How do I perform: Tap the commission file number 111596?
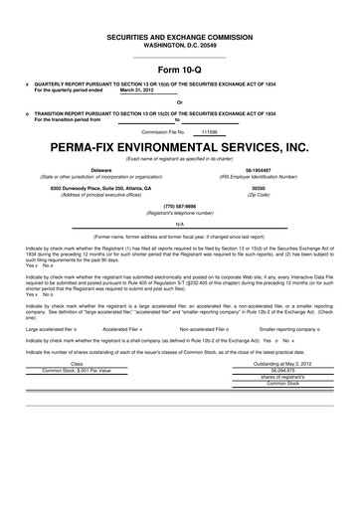coord(209,130)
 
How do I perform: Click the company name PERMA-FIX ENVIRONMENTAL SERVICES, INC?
coord(179,146)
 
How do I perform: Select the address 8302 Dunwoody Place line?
coord(100,187)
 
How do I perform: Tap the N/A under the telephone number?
coord(179,225)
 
